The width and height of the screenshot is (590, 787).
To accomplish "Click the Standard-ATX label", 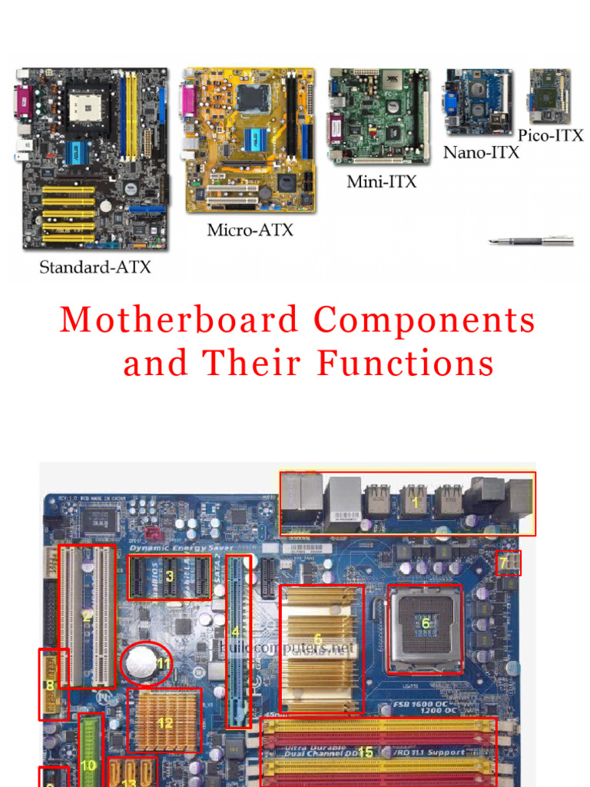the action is pyautogui.click(x=95, y=267).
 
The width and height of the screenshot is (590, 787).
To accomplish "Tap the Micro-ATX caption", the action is pyautogui.click(x=250, y=230).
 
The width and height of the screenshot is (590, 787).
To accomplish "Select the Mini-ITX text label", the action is pyautogui.click(x=382, y=182).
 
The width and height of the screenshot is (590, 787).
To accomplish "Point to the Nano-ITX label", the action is pyautogui.click(x=481, y=152).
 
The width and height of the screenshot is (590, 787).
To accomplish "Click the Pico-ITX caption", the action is pyautogui.click(x=550, y=135).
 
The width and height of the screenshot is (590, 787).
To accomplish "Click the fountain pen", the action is pyautogui.click(x=531, y=241).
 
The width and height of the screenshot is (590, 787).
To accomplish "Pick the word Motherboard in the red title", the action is pyautogui.click(x=180, y=320).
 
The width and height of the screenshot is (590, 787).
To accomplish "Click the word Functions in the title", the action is pyautogui.click(x=406, y=363).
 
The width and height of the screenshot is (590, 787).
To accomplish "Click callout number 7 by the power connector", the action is pyautogui.click(x=504, y=563).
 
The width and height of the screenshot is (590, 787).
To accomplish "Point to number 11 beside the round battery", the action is pyautogui.click(x=163, y=662).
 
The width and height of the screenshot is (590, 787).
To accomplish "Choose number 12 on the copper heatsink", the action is pyautogui.click(x=165, y=722).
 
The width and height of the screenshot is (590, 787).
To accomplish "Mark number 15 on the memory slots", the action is pyautogui.click(x=366, y=752).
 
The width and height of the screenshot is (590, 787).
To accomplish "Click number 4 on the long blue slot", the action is pyautogui.click(x=236, y=633).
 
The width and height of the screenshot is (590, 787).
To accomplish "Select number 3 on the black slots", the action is pyautogui.click(x=170, y=575).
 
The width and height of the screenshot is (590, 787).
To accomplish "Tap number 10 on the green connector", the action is pyautogui.click(x=89, y=765).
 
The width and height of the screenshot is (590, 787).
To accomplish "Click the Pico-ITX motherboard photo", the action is pyautogui.click(x=549, y=97).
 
